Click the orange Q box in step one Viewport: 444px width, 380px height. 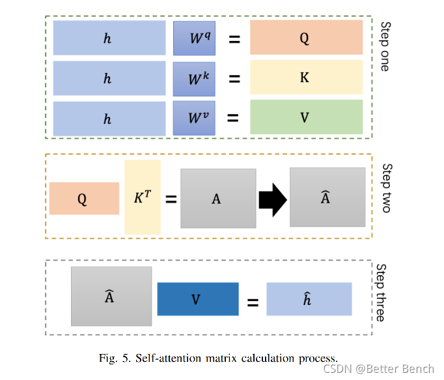306,37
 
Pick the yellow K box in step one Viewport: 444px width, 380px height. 306,78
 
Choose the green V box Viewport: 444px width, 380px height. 306,117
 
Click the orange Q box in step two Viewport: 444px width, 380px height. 84,198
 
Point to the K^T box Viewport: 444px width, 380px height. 142,197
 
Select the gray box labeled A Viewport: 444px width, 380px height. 217,198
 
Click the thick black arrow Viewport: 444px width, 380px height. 272,198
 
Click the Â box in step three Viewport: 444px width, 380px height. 111,296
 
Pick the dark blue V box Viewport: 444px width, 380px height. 198,300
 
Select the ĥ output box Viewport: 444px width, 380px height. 309,300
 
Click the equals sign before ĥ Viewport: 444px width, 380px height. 253,302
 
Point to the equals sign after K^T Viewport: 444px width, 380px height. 171,198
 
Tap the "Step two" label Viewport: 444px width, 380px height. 385,188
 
